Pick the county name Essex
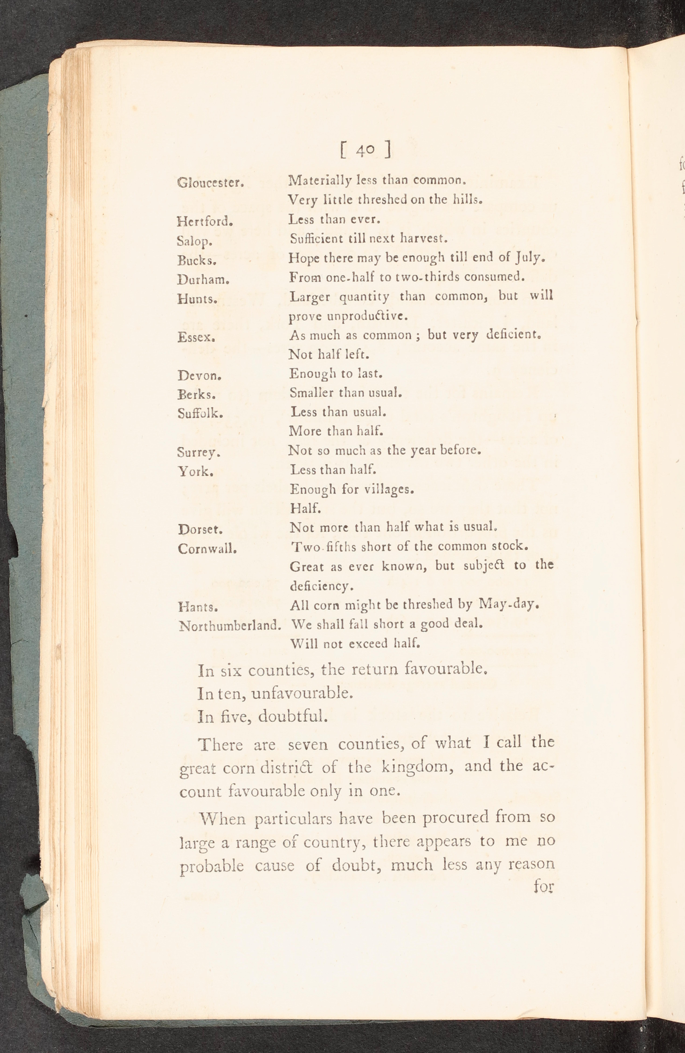tap(196, 338)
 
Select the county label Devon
tap(199, 376)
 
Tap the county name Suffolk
tap(200, 414)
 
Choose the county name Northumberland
tap(230, 626)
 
